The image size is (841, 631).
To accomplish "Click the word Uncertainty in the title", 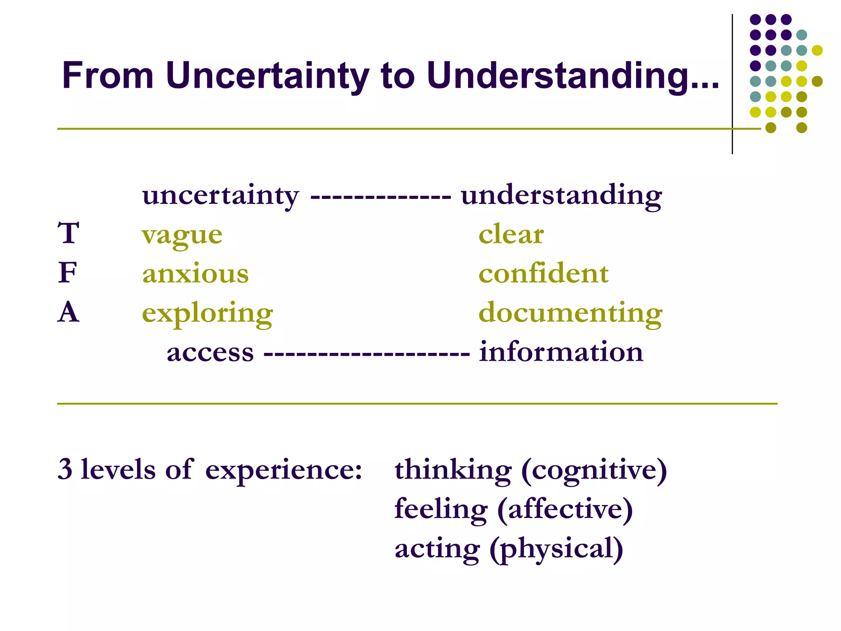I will pyautogui.click(x=267, y=76).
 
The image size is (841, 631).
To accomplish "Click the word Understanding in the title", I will pyautogui.click(x=573, y=76).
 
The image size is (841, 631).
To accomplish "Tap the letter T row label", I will pyautogui.click(x=68, y=233).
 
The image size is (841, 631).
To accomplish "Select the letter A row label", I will pyautogui.click(x=68, y=312).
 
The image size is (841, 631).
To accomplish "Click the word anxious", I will pyautogui.click(x=195, y=274).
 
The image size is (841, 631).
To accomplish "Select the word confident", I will pyautogui.click(x=543, y=274).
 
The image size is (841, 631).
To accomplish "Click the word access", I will pyautogui.click(x=210, y=353).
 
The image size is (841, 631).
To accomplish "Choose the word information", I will pyautogui.click(x=561, y=352).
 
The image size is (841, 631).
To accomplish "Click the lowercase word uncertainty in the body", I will pyautogui.click(x=221, y=196).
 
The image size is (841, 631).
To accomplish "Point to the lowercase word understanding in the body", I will pyautogui.click(x=561, y=196).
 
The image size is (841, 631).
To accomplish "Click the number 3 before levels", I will pyautogui.click(x=65, y=469).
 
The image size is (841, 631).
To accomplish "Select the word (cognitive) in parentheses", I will pyautogui.click(x=594, y=471).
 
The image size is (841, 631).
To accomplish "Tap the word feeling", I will pyautogui.click(x=441, y=510).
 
